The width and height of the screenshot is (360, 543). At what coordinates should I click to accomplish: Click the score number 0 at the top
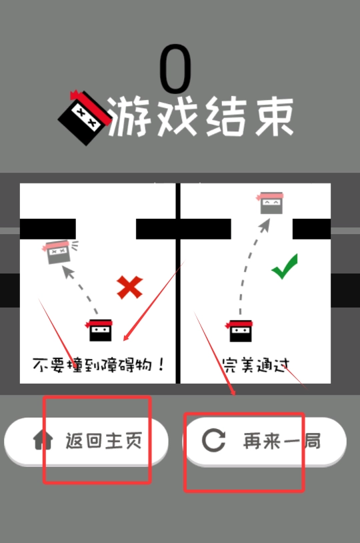click(175, 69)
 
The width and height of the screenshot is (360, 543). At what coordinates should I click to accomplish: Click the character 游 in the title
click(129, 116)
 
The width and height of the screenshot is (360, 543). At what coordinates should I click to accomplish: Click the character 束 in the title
click(274, 116)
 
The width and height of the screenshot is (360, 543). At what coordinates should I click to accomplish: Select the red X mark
click(130, 287)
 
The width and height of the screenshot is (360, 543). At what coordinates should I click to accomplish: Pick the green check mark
click(285, 267)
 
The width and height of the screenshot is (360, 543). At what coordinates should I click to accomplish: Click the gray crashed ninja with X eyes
click(58, 251)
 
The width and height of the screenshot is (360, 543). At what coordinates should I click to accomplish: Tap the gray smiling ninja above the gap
click(271, 203)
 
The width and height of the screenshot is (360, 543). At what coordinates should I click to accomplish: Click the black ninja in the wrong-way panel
click(99, 330)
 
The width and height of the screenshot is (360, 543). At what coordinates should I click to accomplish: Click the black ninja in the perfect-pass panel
click(239, 331)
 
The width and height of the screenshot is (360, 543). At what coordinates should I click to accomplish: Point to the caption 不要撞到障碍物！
click(98, 365)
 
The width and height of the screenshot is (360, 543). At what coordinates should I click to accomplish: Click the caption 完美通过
click(255, 365)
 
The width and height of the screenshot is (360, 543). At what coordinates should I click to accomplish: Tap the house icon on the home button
click(43, 440)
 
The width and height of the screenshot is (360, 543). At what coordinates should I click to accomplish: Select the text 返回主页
click(104, 440)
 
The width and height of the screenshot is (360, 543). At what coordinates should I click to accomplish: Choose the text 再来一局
click(282, 441)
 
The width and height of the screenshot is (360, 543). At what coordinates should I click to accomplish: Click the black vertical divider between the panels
click(178, 284)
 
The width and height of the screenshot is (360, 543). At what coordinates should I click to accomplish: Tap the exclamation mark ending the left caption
click(161, 364)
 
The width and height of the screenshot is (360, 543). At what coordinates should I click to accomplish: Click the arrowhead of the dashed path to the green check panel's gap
click(265, 225)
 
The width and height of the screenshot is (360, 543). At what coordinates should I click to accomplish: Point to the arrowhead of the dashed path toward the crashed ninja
click(69, 272)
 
